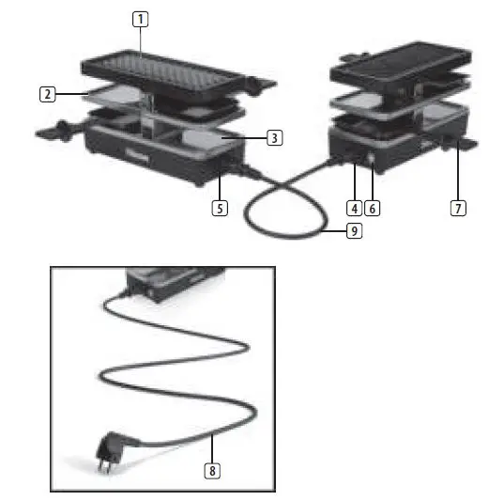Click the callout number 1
(x=140, y=19)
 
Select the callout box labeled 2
(x=46, y=93)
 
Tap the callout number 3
(x=273, y=138)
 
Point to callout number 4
(x=354, y=208)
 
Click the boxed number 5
(x=219, y=208)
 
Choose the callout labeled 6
(x=373, y=208)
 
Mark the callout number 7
(x=458, y=208)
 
